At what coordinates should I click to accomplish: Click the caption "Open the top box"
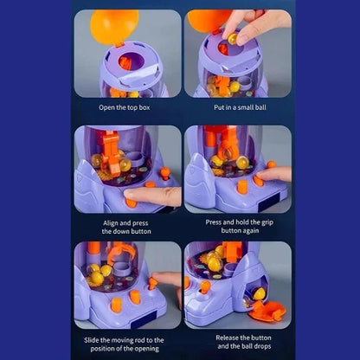tap(125, 107)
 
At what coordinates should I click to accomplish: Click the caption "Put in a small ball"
tap(240, 107)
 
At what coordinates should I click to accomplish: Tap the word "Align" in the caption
tap(111, 223)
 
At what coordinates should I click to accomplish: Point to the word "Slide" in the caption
tap(92, 340)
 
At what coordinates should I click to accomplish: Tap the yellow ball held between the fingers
tap(233, 38)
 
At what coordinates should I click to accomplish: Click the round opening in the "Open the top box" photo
tap(132, 61)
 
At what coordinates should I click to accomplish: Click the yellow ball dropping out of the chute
tap(259, 294)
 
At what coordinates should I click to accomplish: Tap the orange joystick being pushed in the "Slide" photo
tap(152, 282)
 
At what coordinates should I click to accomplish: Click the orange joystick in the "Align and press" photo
tap(164, 174)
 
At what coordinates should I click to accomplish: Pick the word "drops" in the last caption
tap(262, 346)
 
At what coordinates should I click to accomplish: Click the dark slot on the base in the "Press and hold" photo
tap(269, 202)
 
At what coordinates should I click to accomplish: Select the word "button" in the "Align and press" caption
tap(139, 231)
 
